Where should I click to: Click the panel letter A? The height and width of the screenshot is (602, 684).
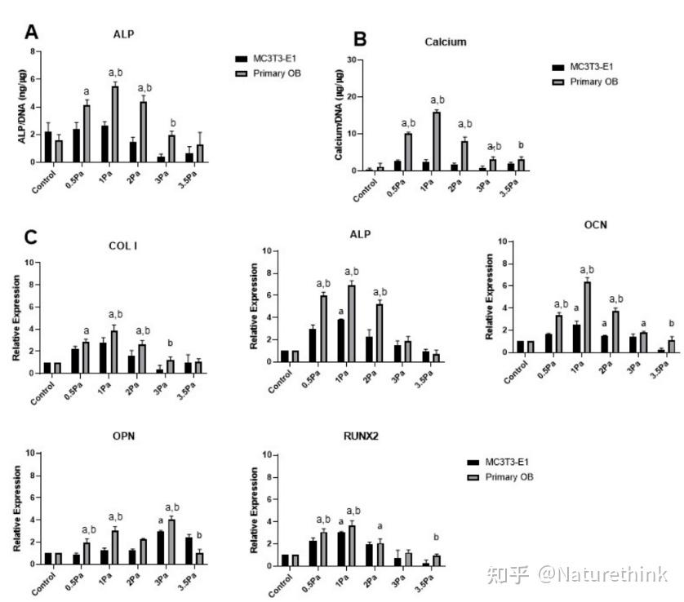click(32, 33)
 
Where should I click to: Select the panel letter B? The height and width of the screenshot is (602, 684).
click(360, 39)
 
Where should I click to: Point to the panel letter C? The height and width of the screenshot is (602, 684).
click(32, 237)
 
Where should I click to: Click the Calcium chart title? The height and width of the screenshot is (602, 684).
click(446, 42)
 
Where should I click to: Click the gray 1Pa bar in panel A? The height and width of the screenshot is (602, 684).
click(115, 124)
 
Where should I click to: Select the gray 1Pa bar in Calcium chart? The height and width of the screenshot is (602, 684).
click(437, 141)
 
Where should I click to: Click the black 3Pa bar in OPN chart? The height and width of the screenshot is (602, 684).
click(162, 547)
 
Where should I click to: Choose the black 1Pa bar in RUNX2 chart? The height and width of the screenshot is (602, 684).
click(340, 548)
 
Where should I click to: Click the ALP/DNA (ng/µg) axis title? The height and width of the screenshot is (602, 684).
click(23, 106)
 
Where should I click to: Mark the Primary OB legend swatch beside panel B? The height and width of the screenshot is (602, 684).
click(558, 82)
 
